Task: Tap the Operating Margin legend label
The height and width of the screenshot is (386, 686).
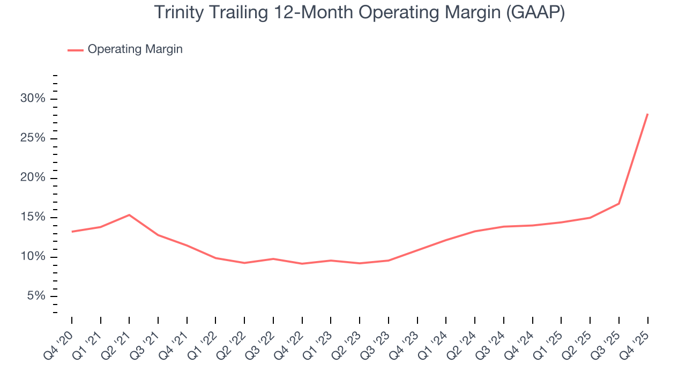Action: click(x=135, y=49)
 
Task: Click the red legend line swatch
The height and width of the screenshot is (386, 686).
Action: click(x=75, y=50)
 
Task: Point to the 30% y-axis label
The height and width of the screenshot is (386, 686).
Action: click(x=33, y=99)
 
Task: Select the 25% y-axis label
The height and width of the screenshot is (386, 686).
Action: click(x=33, y=138)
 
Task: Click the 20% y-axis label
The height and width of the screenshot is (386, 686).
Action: click(x=33, y=178)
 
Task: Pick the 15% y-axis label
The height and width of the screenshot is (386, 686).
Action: click(x=33, y=218)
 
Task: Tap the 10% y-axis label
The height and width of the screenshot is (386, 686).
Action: click(x=33, y=257)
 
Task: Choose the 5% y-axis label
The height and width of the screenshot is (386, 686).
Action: click(x=36, y=296)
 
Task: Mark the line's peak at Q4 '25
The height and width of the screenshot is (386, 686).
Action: click(x=647, y=114)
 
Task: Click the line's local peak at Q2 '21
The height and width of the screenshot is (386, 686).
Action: click(x=129, y=215)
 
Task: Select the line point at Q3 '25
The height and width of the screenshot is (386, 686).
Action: click(x=619, y=204)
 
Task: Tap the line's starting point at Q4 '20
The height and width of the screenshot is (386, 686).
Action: click(x=72, y=232)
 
